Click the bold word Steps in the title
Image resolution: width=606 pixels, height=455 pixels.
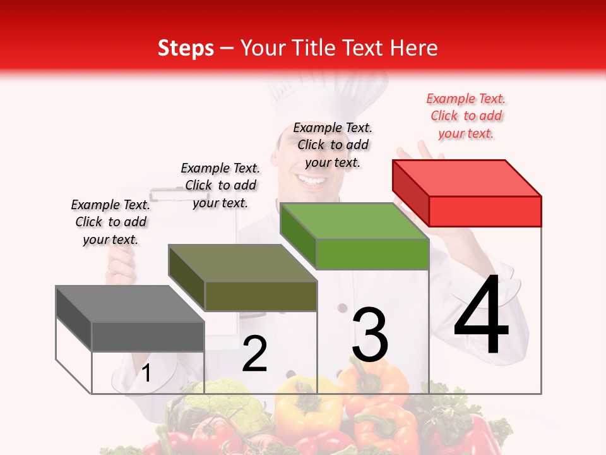[186, 48]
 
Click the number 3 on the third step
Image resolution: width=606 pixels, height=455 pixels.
[369, 335]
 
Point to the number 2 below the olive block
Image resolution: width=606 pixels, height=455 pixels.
[254, 354]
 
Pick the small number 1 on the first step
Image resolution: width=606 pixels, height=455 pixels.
[146, 373]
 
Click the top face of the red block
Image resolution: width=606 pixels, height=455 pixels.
[467, 178]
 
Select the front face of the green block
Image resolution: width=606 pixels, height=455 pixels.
[372, 255]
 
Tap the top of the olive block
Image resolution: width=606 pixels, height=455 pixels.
[243, 262]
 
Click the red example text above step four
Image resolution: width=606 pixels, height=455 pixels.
[466, 116]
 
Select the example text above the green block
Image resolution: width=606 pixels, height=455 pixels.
[333, 145]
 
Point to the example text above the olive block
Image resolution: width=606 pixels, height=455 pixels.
[220, 185]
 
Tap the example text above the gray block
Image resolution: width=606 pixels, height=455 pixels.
[110, 222]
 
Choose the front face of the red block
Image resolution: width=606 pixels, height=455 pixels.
[485, 211]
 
